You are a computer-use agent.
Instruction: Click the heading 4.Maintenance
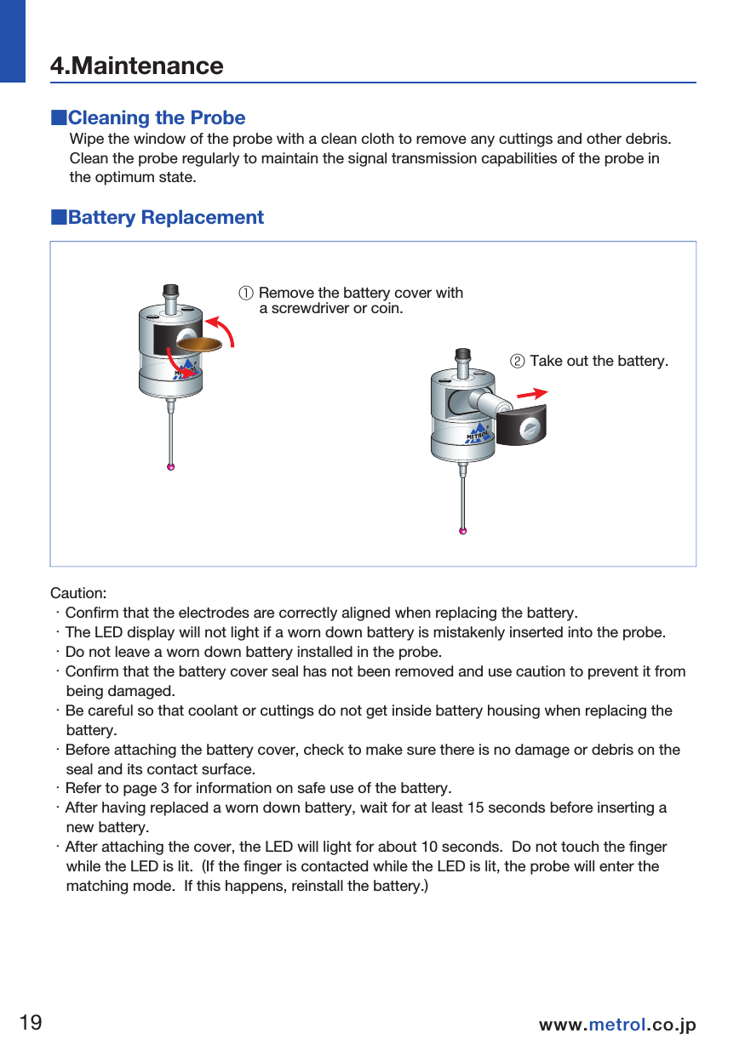coord(136,66)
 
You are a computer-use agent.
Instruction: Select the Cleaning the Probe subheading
coord(156,117)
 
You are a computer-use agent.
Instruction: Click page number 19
coord(31,1022)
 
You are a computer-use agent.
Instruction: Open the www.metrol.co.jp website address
coord(617,1025)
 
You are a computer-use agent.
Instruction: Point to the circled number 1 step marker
coord(245,294)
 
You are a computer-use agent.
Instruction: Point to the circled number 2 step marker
coord(516,362)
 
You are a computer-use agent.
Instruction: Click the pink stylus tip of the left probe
coord(171,467)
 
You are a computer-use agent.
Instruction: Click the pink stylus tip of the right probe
coord(462,531)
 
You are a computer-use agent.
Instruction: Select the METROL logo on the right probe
coord(479,433)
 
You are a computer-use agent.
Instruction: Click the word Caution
coord(78,592)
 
